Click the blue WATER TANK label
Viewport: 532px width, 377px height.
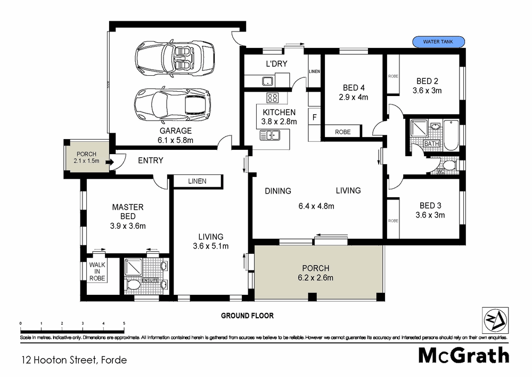(438, 42)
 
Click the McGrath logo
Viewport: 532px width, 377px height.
(463, 356)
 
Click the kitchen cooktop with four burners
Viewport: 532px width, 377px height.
(273, 98)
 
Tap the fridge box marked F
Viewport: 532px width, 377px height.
(314, 117)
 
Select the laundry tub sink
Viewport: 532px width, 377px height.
(267, 81)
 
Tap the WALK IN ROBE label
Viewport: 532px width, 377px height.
(97, 271)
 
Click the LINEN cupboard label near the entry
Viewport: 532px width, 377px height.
(197, 181)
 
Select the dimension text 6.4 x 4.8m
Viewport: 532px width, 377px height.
(316, 206)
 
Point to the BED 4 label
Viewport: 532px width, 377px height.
(354, 88)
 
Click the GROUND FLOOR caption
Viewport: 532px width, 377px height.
(247, 316)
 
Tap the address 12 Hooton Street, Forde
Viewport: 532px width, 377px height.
(74, 360)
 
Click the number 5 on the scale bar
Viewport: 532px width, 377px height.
(124, 323)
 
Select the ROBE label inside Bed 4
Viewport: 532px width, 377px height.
(342, 132)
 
